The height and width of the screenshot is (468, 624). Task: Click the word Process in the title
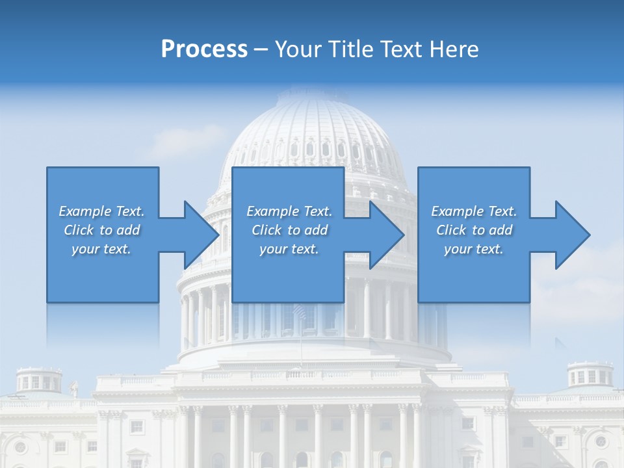[204, 49]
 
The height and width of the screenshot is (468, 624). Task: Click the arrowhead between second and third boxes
[386, 235]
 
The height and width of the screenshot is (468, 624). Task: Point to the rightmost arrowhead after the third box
[572, 235]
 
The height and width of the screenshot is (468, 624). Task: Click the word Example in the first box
[84, 211]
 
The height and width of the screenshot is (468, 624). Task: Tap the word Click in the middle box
[266, 230]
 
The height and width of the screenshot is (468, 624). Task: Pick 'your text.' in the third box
[473, 249]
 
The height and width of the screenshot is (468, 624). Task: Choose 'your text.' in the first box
[101, 249]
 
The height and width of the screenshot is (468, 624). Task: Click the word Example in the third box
[457, 211]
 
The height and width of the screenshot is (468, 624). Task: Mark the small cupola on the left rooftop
[39, 379]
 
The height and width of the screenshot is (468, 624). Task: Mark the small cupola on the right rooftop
[590, 374]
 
